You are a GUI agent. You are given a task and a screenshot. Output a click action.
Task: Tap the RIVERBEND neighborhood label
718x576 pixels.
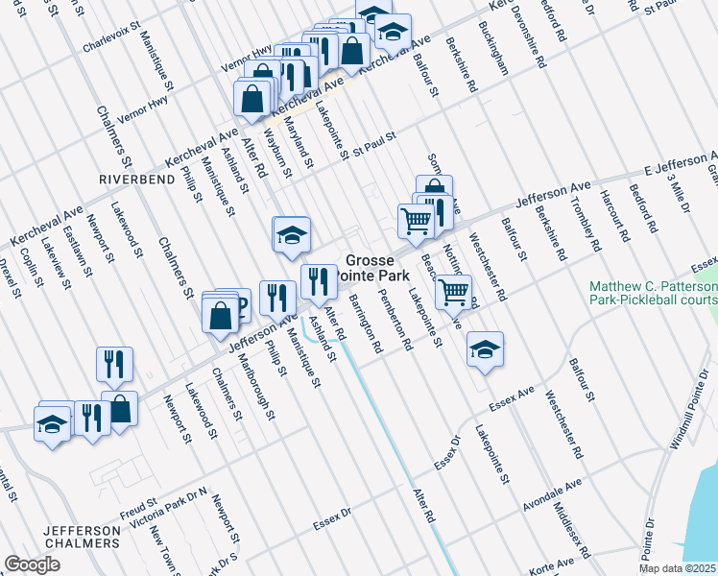(132, 179)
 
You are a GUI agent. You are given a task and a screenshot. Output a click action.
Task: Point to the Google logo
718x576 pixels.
(32, 564)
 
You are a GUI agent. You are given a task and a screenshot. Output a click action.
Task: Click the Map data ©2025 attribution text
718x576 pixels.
(678, 568)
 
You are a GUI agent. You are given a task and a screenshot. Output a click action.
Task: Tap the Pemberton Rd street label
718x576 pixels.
(395, 324)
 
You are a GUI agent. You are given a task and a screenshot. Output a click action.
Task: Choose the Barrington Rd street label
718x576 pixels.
(366, 325)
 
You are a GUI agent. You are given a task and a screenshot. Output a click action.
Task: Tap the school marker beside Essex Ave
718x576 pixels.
(486, 349)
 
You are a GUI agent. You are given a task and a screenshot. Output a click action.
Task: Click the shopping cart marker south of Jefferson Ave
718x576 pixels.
(454, 292)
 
